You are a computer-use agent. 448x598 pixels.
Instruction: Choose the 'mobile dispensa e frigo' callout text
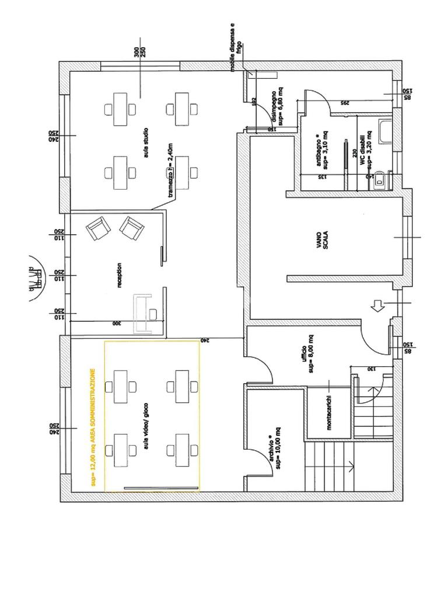click(x=235, y=48)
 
